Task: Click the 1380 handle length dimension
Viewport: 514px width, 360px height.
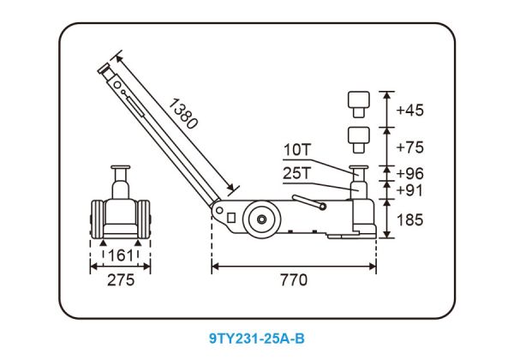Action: click(x=183, y=113)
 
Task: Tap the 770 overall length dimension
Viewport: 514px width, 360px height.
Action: click(x=294, y=280)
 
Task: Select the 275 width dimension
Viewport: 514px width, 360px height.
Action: click(x=121, y=280)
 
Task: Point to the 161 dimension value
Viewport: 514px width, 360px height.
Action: click(x=121, y=255)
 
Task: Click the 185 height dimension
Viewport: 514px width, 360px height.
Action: click(x=409, y=219)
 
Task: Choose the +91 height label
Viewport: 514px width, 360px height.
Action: click(x=409, y=189)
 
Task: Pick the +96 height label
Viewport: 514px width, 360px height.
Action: click(x=409, y=173)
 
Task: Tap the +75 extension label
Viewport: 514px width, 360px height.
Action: click(x=409, y=147)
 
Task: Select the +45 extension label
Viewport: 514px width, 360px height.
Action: click(x=409, y=110)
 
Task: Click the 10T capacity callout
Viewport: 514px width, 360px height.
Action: click(x=296, y=150)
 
